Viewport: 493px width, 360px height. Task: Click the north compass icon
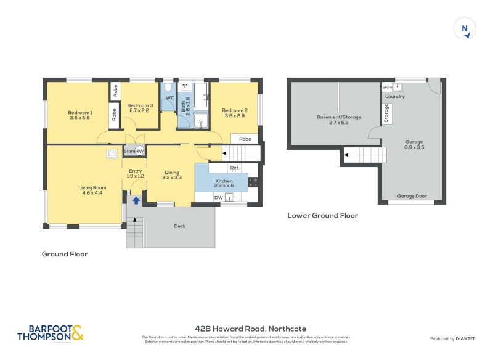click(x=465, y=29)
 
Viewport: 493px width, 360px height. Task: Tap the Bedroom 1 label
click(x=80, y=115)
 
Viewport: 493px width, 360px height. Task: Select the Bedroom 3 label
click(x=139, y=108)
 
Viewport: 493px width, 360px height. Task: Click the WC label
click(x=169, y=97)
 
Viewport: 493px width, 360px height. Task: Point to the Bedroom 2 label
click(x=234, y=113)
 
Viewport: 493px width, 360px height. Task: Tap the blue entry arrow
click(x=136, y=200)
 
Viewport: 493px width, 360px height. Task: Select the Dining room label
click(x=172, y=175)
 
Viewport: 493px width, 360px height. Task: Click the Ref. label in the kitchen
click(x=234, y=168)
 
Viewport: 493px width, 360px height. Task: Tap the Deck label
click(x=179, y=226)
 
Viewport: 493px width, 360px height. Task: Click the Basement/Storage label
click(x=339, y=120)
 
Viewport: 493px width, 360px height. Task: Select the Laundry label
click(x=394, y=97)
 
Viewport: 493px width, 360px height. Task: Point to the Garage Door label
click(x=412, y=196)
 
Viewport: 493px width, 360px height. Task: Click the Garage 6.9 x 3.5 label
click(x=414, y=145)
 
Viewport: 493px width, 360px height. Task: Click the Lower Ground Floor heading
click(x=322, y=216)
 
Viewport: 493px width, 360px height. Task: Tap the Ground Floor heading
click(x=65, y=254)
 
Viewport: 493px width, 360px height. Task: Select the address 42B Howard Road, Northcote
click(x=250, y=329)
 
